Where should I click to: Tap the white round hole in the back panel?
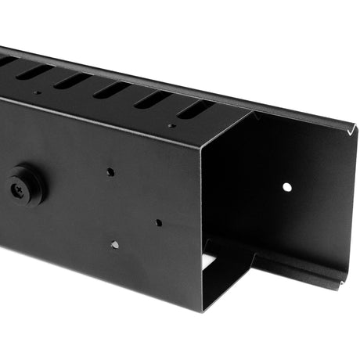tap(287, 188)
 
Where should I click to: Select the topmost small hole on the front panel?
tap(110, 171)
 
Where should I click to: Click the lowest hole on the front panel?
tap(115, 244)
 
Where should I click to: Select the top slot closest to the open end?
tap(192, 110)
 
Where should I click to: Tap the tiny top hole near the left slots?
tap(36, 92)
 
